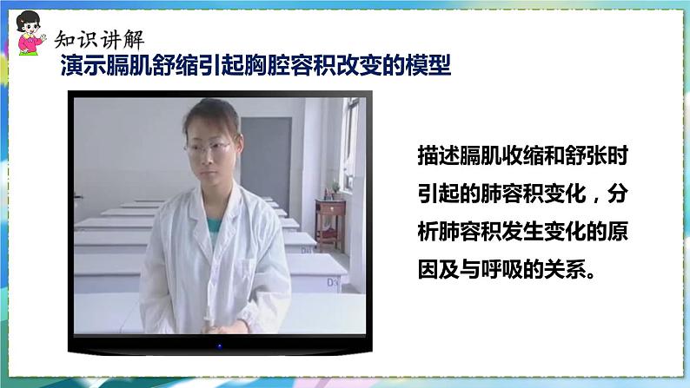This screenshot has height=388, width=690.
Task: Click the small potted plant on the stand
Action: (334, 188)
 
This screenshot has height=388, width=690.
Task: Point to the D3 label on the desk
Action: (332, 282)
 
